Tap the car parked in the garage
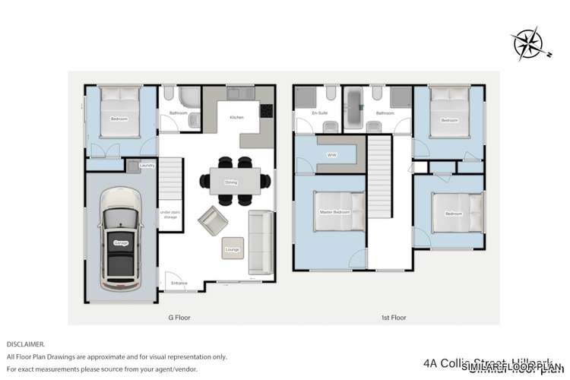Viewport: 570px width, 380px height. click(x=121, y=242)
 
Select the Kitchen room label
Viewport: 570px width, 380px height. click(x=236, y=118)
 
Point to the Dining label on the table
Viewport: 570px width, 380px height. click(x=230, y=182)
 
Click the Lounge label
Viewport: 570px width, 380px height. click(x=233, y=249)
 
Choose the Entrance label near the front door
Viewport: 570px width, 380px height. click(x=179, y=283)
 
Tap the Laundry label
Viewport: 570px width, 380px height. click(x=147, y=165)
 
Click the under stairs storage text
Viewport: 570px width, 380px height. click(x=169, y=216)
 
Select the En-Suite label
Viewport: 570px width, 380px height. click(x=319, y=113)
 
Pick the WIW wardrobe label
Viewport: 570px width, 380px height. click(x=331, y=155)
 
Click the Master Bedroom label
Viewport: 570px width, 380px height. click(x=333, y=212)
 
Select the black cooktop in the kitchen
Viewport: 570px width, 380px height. click(x=267, y=110)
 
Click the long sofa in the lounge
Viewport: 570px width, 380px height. click(x=261, y=243)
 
